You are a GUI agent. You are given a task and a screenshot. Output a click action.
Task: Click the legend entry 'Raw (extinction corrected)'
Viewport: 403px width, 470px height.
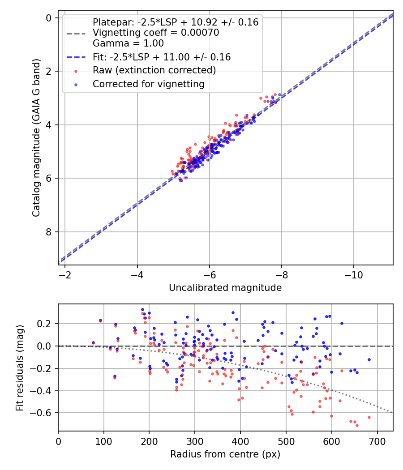(154, 70)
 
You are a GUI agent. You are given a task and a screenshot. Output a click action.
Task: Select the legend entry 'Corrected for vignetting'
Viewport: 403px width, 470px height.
(148, 84)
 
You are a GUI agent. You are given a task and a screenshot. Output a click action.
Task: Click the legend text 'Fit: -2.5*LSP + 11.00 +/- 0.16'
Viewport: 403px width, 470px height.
(162, 57)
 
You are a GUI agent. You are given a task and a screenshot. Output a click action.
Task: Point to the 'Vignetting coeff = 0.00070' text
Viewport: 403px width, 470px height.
(156, 33)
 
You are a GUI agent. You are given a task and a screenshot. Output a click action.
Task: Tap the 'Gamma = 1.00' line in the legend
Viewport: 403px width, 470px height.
(128, 43)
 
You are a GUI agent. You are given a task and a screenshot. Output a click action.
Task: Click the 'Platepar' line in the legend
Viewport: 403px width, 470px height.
(176, 22)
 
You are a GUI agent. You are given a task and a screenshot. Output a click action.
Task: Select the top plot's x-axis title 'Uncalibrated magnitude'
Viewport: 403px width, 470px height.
(225, 288)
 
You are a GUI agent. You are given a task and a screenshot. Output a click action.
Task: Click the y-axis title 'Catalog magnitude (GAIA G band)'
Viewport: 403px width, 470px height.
(36, 138)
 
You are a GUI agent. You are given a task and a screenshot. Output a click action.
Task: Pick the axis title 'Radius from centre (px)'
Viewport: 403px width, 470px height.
(225, 454)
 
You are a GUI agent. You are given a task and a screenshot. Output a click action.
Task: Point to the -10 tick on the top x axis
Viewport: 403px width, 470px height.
(354, 273)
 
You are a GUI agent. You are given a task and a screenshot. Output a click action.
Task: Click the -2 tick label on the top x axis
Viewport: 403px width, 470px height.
(65, 273)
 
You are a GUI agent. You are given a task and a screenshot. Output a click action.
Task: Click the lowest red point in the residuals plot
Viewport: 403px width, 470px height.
(357, 425)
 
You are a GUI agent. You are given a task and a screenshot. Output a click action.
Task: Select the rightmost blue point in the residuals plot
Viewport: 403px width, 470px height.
(369, 359)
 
